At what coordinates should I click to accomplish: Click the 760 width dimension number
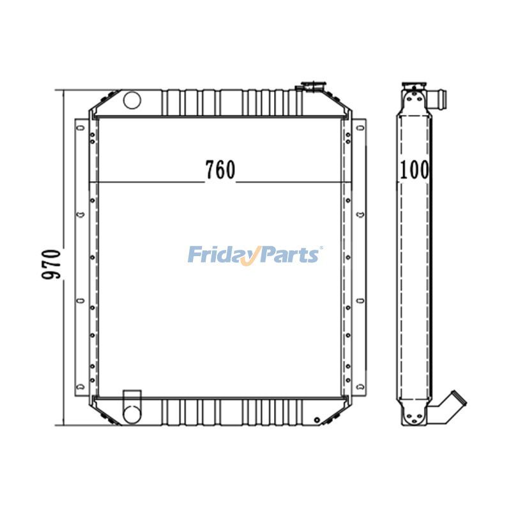(220, 169)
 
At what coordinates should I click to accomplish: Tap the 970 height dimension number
(52, 262)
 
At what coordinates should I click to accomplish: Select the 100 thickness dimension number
(416, 169)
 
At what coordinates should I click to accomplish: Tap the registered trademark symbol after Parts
(321, 248)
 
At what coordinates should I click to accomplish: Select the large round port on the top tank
(132, 100)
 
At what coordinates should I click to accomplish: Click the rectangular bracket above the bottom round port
(131, 396)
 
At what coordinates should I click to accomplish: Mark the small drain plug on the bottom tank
(317, 420)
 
